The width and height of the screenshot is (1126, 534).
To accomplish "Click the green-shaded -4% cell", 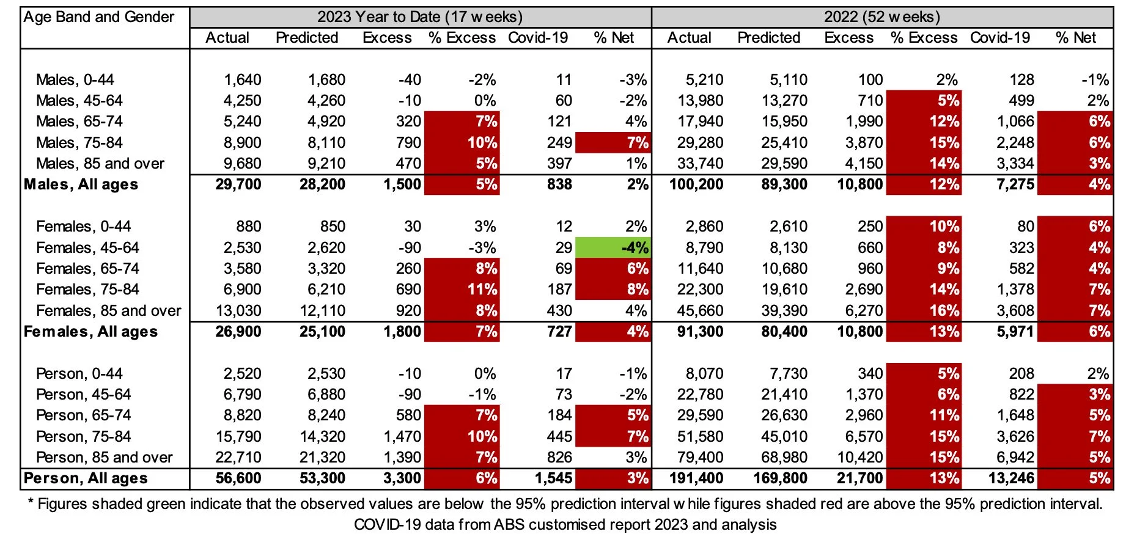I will [x=613, y=248].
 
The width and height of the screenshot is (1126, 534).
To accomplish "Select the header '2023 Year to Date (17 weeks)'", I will [x=420, y=16].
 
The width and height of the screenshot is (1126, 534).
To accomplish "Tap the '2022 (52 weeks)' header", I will [x=881, y=16].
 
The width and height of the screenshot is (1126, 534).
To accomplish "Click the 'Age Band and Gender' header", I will [x=99, y=17].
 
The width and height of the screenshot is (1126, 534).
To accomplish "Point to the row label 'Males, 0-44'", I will [x=75, y=80].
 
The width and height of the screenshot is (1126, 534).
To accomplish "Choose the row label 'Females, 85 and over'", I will [x=109, y=311].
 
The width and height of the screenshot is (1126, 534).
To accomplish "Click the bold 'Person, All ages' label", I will [x=86, y=478].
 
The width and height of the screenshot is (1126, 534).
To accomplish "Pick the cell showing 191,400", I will [x=696, y=478].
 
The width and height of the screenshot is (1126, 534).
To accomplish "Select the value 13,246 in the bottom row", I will [x=1011, y=478].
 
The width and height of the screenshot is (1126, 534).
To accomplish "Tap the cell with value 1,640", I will [x=242, y=80].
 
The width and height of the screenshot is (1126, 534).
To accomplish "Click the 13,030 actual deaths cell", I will [x=238, y=311].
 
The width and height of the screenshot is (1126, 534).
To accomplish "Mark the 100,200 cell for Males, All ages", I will [x=696, y=185].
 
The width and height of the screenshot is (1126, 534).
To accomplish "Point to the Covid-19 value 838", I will [x=559, y=185].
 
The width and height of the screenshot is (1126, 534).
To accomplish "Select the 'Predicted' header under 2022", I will [x=768, y=38].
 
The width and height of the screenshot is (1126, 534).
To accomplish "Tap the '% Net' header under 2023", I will [x=614, y=38].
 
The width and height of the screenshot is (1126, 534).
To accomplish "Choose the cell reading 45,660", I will [x=700, y=311].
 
